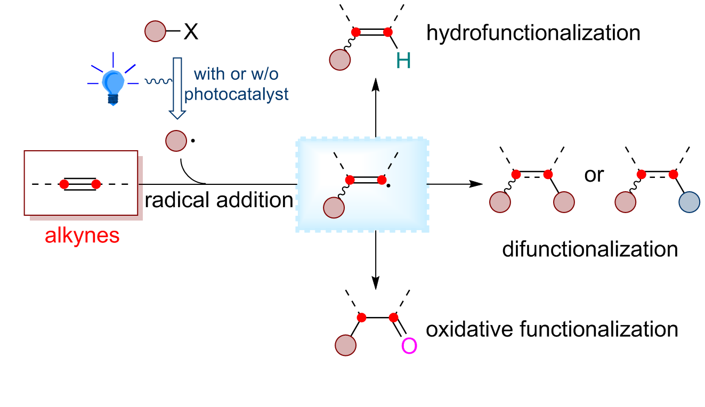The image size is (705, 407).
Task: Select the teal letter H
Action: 403,62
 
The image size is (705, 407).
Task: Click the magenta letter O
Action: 409,347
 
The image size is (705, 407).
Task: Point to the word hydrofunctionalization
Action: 533,33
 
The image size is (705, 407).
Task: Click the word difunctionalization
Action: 589,249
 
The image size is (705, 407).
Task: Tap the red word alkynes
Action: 82,236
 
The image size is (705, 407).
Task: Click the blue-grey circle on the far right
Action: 689,203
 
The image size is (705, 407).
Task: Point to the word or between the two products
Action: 595,175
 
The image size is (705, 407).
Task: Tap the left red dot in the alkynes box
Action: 64,184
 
